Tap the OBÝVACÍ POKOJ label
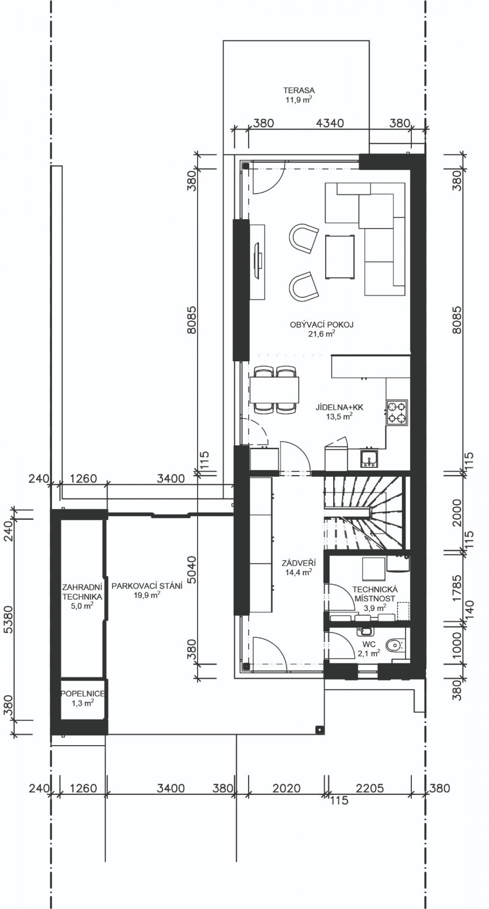(x=322, y=325)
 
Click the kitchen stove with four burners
(x=397, y=412)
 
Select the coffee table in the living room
(x=340, y=256)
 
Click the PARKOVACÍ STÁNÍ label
(x=147, y=586)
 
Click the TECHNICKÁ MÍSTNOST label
(x=374, y=594)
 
